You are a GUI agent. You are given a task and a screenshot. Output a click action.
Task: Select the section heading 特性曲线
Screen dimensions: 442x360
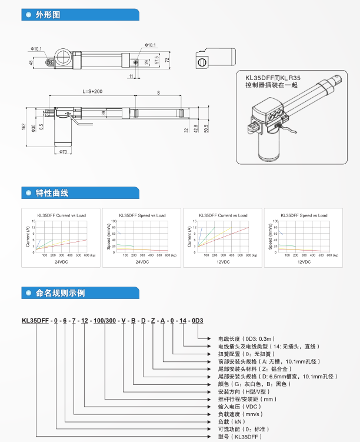(x=52, y=193)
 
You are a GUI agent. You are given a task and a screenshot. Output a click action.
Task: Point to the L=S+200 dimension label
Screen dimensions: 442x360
(x=92, y=91)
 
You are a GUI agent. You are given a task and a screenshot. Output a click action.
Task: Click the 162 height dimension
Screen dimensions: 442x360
(x=24, y=127)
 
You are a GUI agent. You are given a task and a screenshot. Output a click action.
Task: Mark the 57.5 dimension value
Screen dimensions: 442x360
(x=156, y=61)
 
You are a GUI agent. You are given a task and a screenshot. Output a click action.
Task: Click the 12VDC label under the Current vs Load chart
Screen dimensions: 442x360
(x=221, y=261)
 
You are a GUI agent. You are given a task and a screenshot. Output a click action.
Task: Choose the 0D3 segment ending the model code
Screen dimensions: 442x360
(x=197, y=321)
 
